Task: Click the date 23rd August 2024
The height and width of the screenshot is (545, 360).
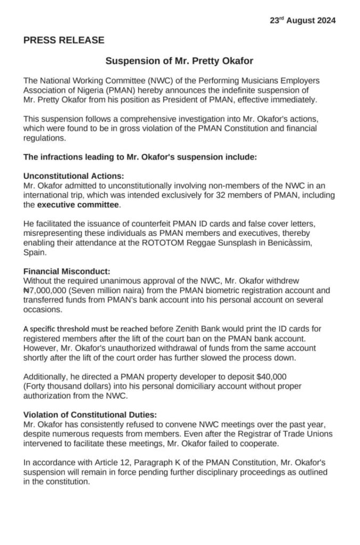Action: (302, 21)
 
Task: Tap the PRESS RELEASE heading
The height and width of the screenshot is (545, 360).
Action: (64, 40)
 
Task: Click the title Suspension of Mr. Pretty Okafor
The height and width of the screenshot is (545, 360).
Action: (179, 61)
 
